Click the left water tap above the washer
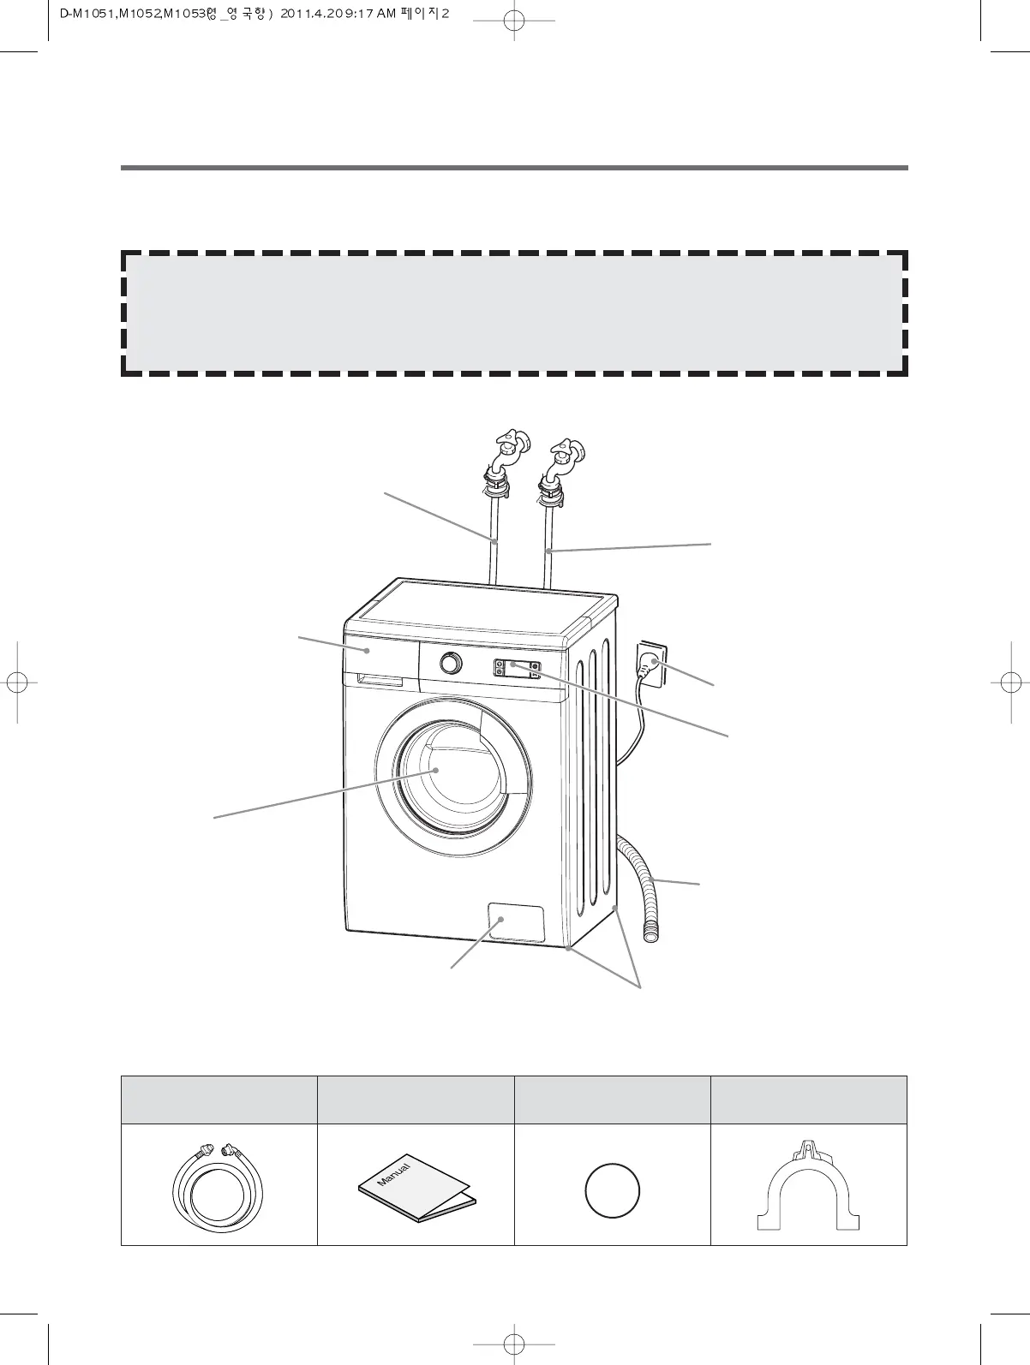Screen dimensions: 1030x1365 click(508, 447)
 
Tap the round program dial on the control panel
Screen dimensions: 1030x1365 click(450, 663)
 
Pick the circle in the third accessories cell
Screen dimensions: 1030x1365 click(612, 1191)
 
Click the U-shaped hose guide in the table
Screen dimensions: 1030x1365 click(808, 1187)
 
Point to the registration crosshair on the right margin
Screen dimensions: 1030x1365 click(1012, 682)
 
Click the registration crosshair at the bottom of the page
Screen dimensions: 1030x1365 click(507, 1342)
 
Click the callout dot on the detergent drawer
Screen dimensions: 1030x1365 click(367, 651)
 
